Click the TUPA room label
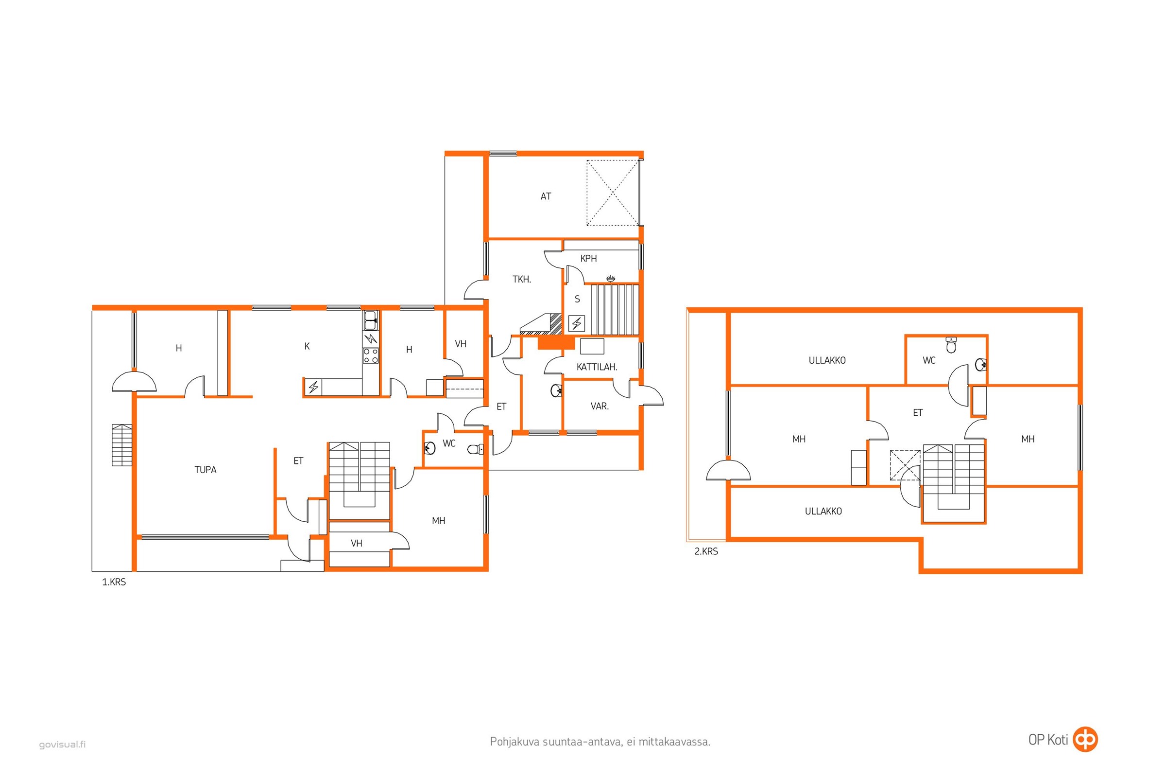[x=205, y=470]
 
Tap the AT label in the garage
[x=545, y=196]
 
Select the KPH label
[x=588, y=259]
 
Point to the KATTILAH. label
[x=597, y=367]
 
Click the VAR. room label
[x=600, y=407]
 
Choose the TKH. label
[x=521, y=279]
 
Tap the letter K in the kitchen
[x=307, y=346]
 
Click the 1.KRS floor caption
[x=114, y=582]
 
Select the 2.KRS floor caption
[x=706, y=551]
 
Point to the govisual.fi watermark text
[x=63, y=744]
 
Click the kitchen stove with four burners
[x=370, y=355]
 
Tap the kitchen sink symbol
[x=370, y=320]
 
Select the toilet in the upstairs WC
[x=951, y=345]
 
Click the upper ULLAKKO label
[x=827, y=361]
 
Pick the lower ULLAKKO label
[x=823, y=511]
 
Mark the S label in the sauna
[x=577, y=299]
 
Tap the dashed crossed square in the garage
[x=613, y=193]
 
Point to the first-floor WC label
[x=448, y=443]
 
